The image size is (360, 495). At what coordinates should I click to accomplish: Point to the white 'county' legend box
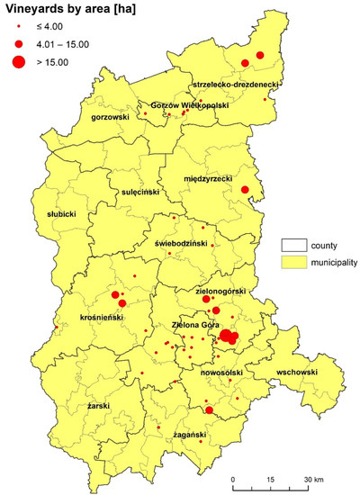292,245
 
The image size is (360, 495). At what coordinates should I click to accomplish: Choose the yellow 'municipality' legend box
292,263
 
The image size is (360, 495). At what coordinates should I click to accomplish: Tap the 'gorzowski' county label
111,117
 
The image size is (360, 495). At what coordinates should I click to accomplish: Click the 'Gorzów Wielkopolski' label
189,105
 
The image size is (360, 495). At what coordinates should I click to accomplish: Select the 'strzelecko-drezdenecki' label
234,84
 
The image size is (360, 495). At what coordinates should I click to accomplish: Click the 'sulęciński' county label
140,193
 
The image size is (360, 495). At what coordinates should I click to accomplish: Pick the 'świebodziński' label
180,243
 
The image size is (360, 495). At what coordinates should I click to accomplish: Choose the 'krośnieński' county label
102,319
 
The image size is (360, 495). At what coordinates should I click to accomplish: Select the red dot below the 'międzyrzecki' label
244,189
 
